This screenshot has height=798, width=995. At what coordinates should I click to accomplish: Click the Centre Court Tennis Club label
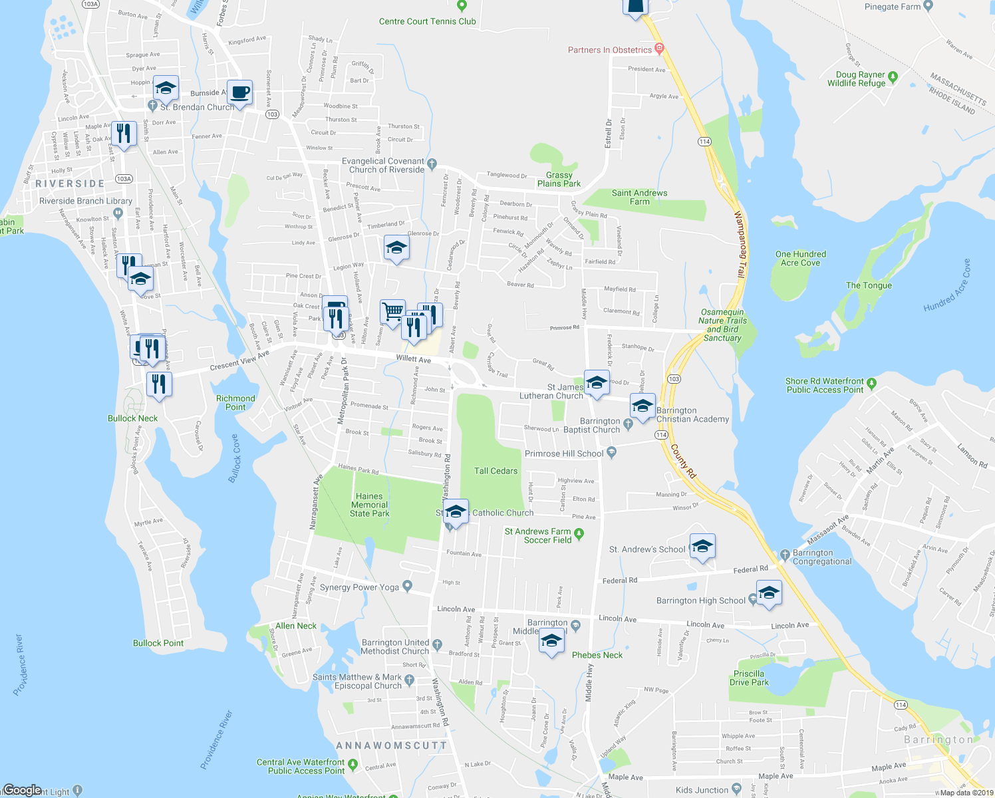[427, 21]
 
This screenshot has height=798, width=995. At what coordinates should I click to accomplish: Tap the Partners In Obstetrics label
[609, 50]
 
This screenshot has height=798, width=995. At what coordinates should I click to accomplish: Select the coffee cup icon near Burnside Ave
[240, 92]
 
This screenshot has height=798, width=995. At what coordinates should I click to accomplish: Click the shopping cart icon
[392, 311]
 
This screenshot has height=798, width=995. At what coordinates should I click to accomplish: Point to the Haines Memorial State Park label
[369, 505]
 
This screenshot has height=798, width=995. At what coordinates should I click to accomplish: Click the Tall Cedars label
[496, 471]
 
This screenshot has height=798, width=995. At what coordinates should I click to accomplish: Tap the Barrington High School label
[700, 600]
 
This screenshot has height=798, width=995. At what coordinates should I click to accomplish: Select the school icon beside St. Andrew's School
[702, 547]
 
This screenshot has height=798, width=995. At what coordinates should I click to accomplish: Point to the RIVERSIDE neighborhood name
[70, 184]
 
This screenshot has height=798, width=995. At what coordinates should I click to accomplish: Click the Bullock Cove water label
[235, 458]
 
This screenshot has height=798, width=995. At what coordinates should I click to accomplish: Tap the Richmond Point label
[235, 403]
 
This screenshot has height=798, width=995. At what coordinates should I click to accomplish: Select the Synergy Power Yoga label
[359, 587]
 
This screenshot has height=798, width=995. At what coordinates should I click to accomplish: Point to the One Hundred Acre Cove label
[800, 259]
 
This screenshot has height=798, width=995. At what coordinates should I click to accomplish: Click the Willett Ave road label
[413, 359]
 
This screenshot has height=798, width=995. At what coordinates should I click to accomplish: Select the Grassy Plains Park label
[559, 180]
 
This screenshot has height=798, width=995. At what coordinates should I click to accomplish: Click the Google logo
[22, 790]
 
